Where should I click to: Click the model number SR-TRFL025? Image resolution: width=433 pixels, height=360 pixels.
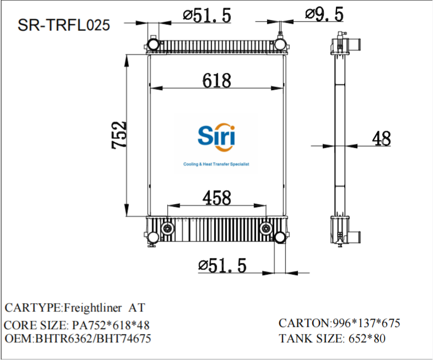(x=63, y=25)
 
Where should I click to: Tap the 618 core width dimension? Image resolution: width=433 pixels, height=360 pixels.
(x=216, y=80)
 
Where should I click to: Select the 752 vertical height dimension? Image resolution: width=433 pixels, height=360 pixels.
(x=119, y=135)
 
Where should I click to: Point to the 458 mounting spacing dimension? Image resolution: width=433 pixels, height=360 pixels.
(x=216, y=197)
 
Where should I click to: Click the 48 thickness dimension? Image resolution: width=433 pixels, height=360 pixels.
(x=381, y=139)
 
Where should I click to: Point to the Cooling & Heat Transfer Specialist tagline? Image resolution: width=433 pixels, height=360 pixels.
(x=216, y=164)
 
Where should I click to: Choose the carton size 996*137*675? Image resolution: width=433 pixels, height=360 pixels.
(x=364, y=323)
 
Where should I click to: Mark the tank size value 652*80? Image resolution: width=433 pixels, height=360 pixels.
(x=365, y=338)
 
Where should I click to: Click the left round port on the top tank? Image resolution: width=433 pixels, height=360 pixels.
(x=153, y=43)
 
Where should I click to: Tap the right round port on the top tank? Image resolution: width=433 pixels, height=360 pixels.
(x=280, y=43)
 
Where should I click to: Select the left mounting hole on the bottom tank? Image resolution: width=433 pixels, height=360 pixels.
(x=167, y=229)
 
